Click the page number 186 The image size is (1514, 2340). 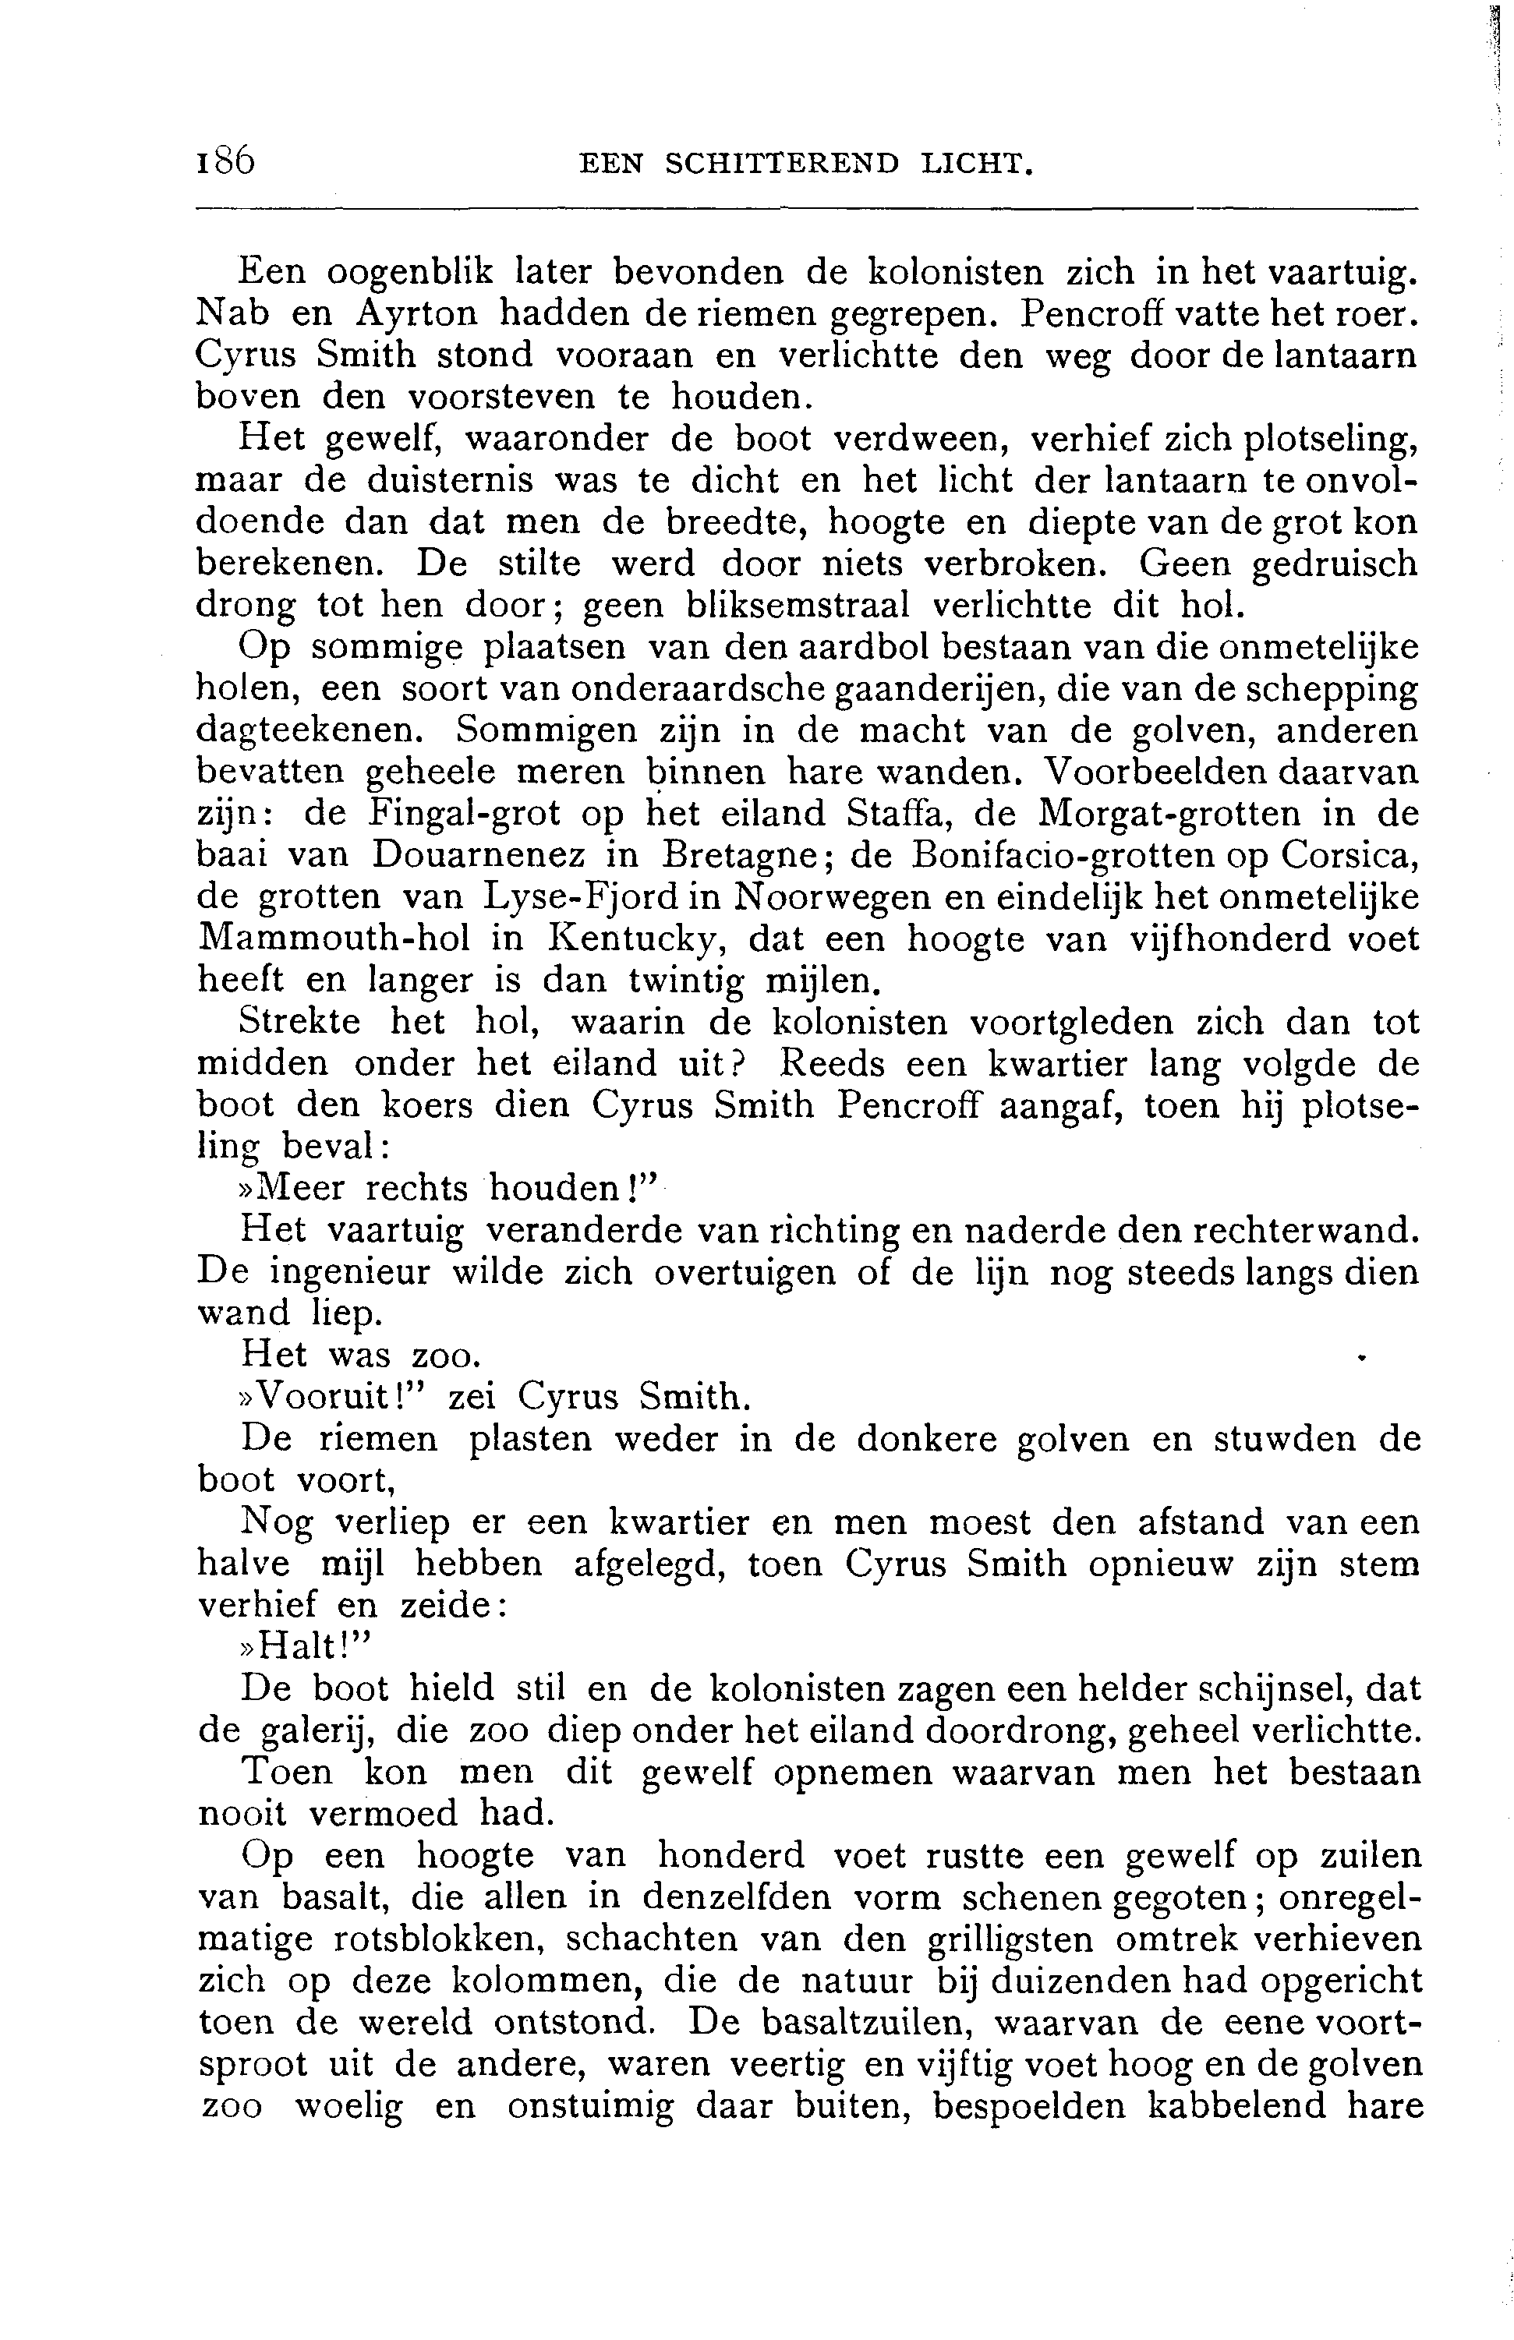[x=225, y=161]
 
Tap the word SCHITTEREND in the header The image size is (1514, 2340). [x=782, y=163]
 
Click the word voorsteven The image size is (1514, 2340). [x=497, y=396]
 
